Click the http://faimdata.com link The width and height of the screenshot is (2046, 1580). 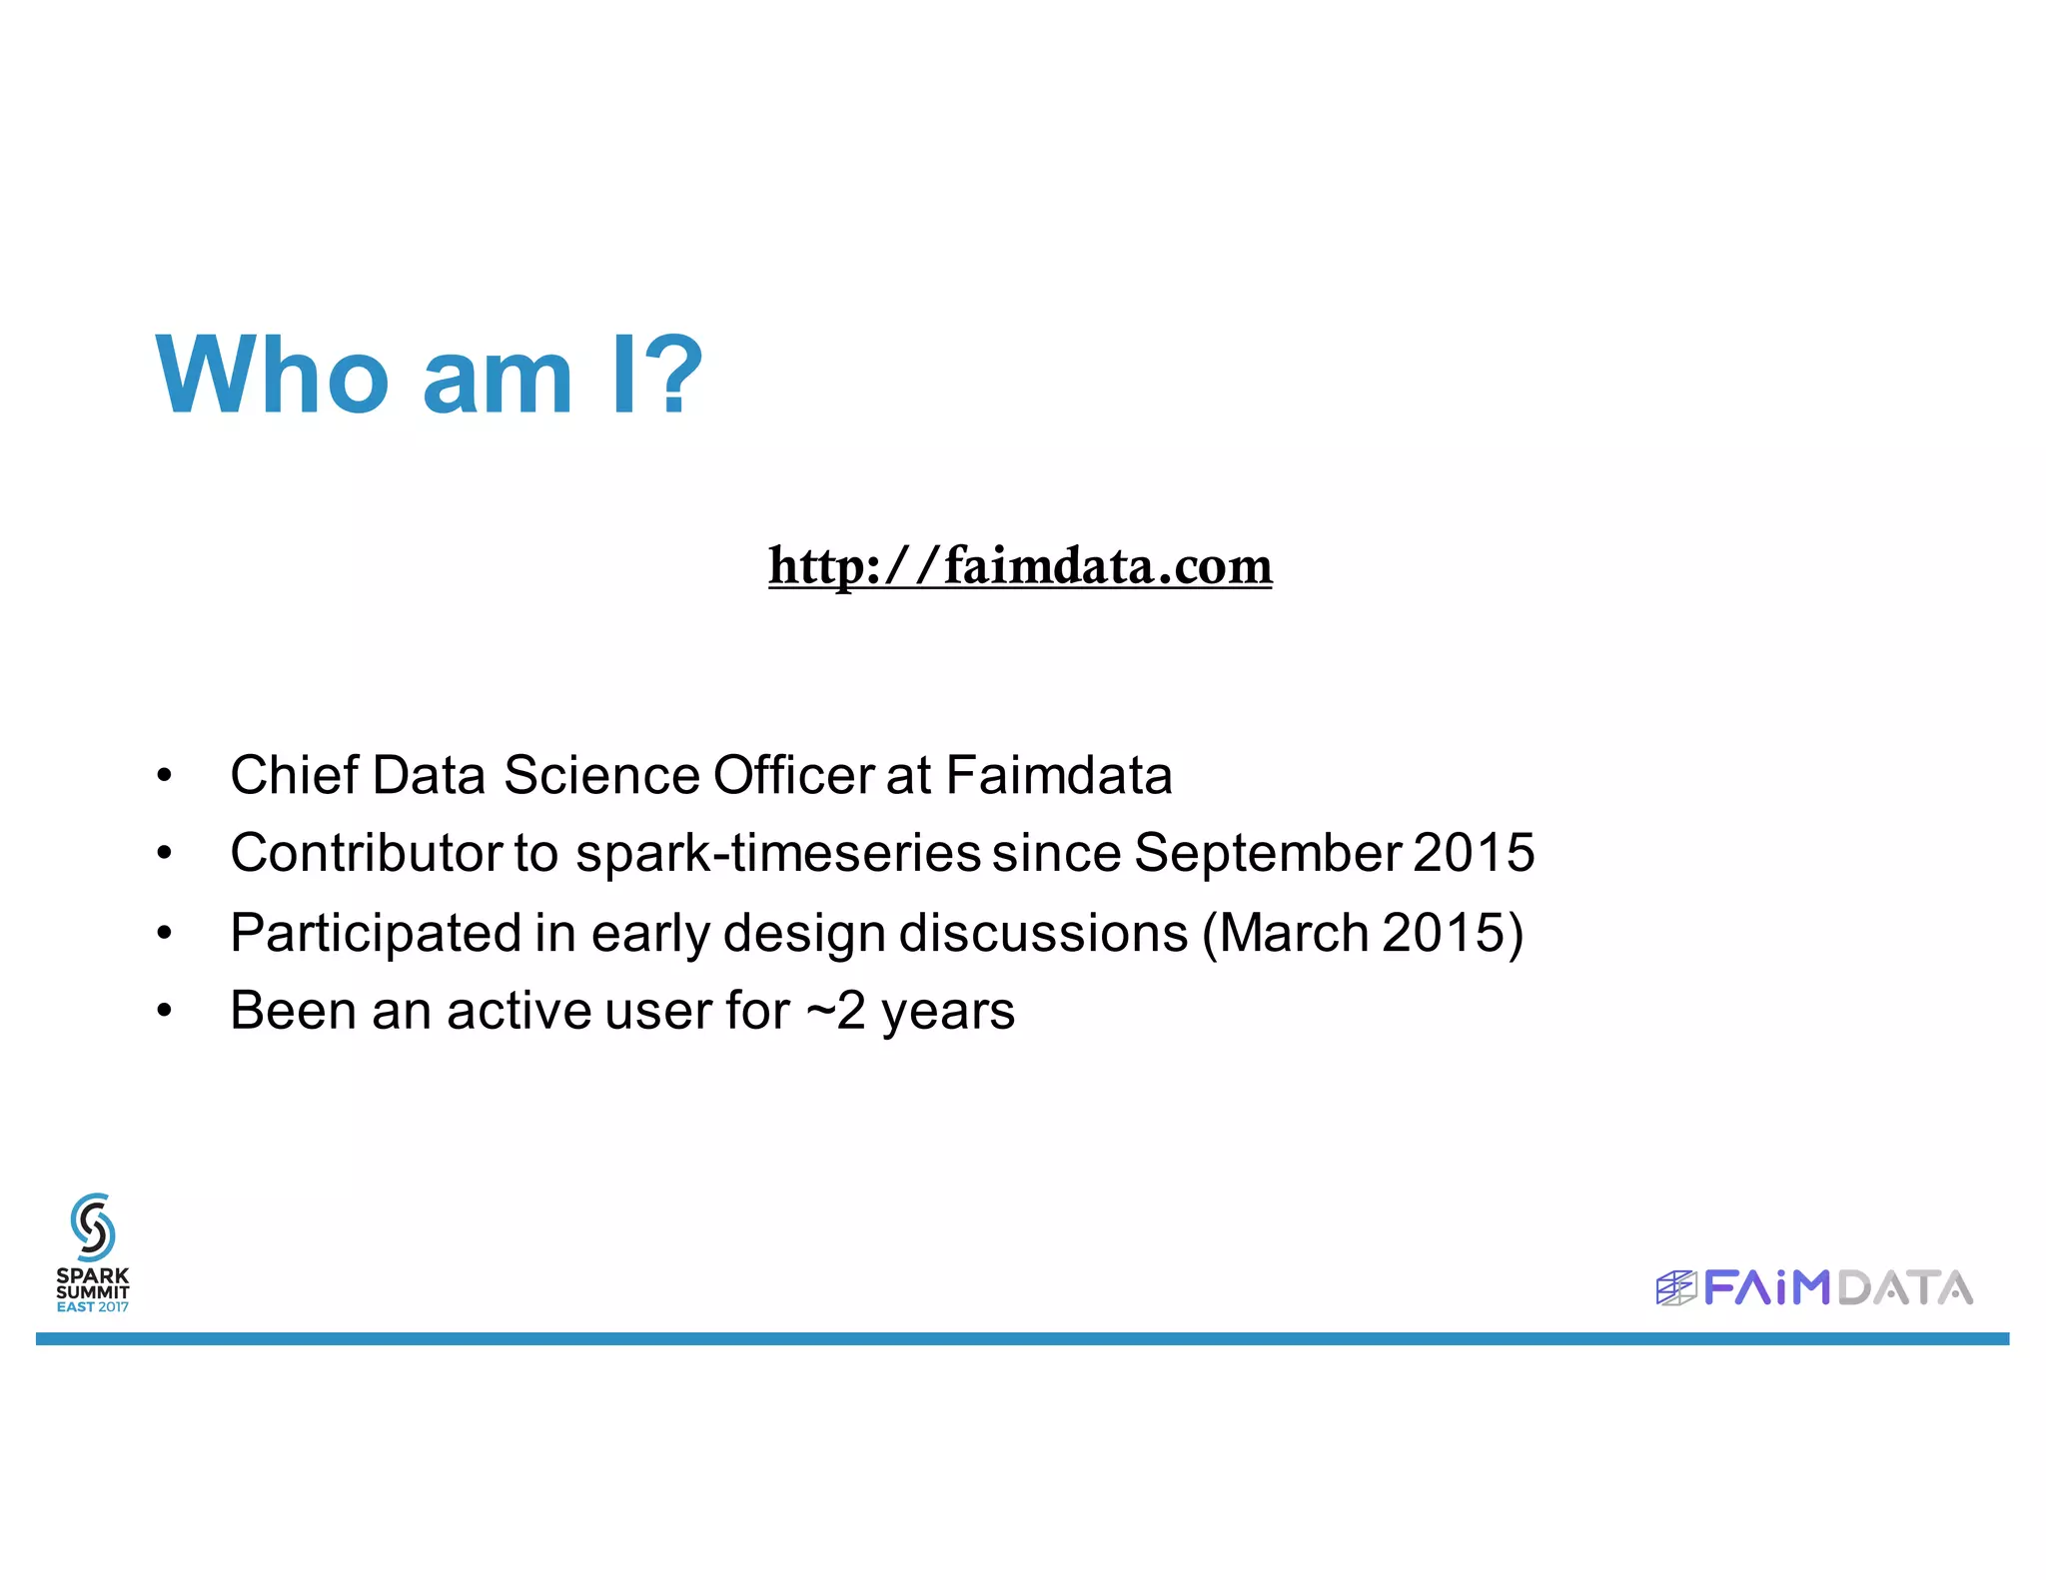click(1020, 566)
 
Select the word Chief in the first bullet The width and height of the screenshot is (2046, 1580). click(294, 775)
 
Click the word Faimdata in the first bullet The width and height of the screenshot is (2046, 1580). click(1059, 775)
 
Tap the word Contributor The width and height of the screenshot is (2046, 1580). click(366, 853)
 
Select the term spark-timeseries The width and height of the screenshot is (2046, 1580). click(778, 853)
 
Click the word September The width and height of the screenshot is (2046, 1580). click(1268, 853)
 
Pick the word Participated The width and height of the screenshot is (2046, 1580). click(377, 933)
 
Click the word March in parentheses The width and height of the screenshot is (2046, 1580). click(1294, 933)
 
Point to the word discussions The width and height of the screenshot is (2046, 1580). click(1044, 933)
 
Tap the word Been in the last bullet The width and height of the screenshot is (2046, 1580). click(294, 1011)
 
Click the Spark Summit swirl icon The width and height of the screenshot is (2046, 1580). click(93, 1226)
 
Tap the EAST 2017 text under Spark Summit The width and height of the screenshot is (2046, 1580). click(93, 1306)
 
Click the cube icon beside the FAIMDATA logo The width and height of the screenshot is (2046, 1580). click(1675, 1288)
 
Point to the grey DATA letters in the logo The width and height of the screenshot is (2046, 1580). click(1905, 1288)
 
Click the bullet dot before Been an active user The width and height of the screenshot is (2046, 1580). click(165, 1011)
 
